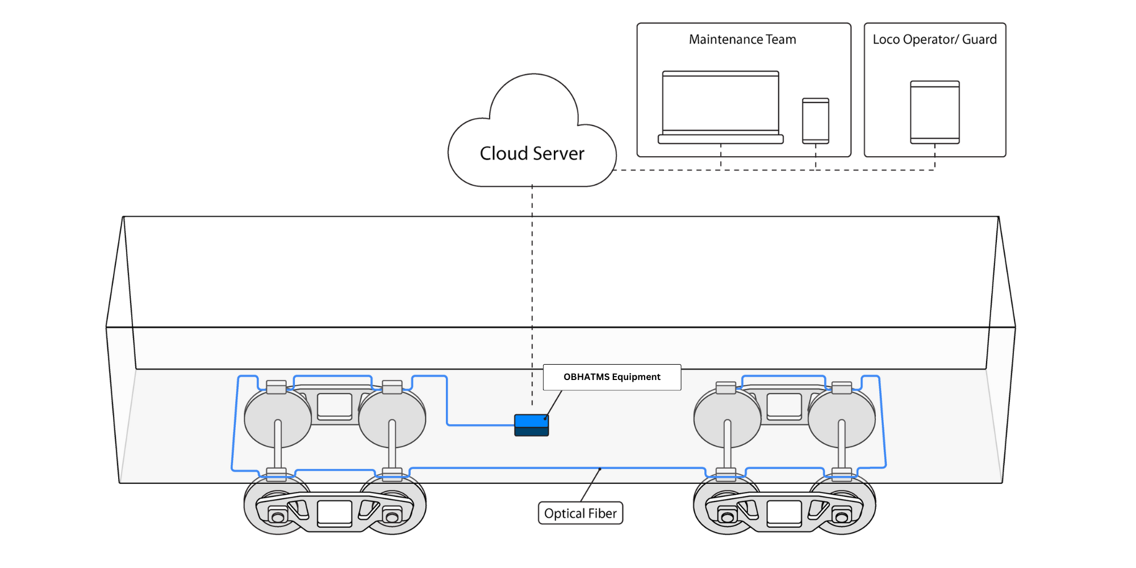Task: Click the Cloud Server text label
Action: click(532, 153)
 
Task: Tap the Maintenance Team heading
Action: click(742, 40)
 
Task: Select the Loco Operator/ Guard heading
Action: click(934, 40)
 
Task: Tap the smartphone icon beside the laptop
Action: click(816, 120)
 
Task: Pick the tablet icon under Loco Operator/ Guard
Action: click(935, 112)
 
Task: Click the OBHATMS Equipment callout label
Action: click(612, 377)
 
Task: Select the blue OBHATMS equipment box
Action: click(532, 425)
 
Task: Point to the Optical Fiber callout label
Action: click(580, 513)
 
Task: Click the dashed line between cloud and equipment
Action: click(532, 284)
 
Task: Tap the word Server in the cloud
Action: click(558, 153)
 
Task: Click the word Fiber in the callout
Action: click(602, 513)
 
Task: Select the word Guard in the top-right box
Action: click(979, 40)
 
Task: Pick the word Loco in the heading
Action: click(887, 40)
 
